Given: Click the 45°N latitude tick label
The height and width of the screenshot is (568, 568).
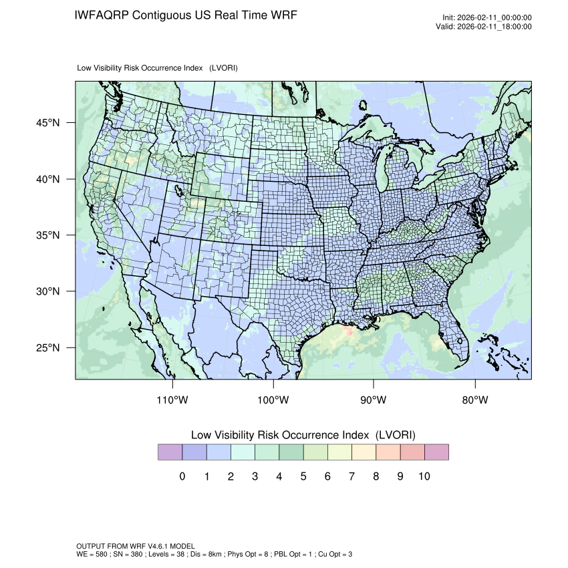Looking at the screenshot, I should point(48,123).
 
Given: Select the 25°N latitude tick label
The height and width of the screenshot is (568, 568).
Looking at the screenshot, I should point(48,347).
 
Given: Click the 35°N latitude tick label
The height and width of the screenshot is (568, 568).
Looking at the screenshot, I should point(48,235).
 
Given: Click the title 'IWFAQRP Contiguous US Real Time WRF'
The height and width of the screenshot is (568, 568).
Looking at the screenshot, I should point(186,15).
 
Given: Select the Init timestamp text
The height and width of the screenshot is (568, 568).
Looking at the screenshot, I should point(487,17).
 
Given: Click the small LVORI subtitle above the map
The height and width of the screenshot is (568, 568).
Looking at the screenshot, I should point(158,67).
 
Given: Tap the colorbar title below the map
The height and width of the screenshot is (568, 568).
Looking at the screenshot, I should point(303,435).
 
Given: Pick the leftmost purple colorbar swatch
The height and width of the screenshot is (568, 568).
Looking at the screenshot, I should point(170,452).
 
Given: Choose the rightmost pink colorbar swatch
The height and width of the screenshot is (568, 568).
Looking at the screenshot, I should point(436,452).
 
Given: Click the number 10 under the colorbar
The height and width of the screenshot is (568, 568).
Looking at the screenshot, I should point(424,476).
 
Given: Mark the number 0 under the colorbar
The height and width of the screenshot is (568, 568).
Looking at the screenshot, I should point(182,476).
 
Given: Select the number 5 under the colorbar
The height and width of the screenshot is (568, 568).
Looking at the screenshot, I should point(303,476).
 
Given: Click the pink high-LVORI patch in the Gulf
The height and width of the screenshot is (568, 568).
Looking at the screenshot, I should point(346,331).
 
